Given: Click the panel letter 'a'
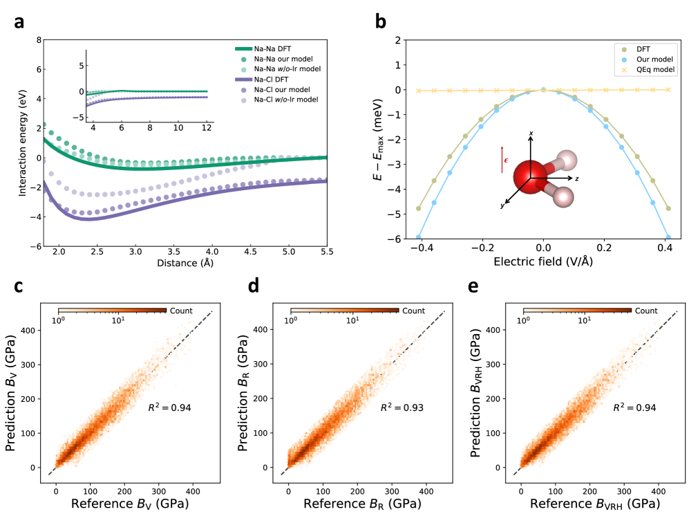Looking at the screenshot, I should pos(20,21).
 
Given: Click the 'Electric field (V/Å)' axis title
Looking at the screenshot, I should pos(543,263).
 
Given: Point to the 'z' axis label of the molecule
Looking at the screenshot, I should pos(576,178).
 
